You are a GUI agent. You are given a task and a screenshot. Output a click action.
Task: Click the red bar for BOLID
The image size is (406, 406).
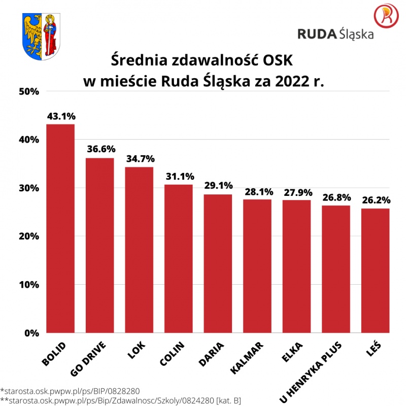point(60,228)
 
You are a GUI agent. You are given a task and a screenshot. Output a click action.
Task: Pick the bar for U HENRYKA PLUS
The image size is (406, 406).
point(336,269)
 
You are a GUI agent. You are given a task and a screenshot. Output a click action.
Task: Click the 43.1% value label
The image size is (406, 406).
point(60,116)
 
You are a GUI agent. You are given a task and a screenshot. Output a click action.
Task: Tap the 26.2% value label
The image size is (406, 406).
point(376,200)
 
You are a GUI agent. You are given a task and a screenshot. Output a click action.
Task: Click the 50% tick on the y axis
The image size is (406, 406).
point(29,91)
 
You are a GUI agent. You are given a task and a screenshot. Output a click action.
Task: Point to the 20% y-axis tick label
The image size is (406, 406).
point(29,236)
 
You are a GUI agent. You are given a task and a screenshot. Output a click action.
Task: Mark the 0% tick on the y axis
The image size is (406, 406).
point(32,333)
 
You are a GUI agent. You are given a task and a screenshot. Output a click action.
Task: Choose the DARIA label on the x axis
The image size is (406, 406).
point(209,354)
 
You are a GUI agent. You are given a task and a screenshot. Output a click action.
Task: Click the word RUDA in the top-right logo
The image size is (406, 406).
point(317,35)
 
